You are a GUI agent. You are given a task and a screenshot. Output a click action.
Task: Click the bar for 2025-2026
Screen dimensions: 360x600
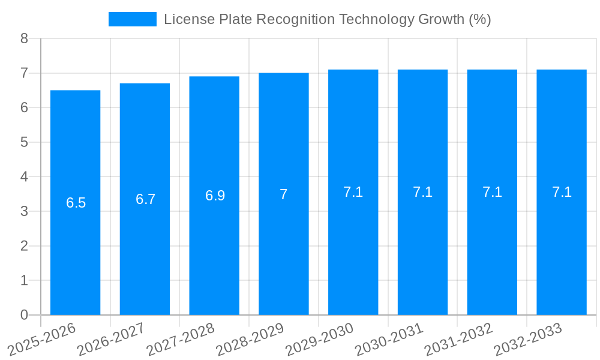[x=75, y=240]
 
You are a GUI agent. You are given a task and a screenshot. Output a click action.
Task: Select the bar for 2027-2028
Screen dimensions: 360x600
[x=214, y=240]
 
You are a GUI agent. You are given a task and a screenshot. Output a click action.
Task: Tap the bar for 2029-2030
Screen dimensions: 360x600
[x=353, y=240]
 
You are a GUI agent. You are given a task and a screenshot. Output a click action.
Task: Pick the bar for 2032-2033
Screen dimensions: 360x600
[x=562, y=240]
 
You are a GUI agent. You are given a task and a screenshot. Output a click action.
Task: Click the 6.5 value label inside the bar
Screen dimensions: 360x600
[x=76, y=203]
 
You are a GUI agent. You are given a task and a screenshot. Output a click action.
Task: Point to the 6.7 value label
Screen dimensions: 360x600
[x=145, y=199]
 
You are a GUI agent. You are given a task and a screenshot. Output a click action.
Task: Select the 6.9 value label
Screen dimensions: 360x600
[x=215, y=196]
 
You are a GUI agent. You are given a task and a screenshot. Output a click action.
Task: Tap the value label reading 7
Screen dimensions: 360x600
[x=284, y=194]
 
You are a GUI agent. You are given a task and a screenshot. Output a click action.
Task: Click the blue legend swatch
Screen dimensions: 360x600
[x=132, y=19]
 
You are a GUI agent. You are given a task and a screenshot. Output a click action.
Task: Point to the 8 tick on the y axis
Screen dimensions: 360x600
[x=24, y=38]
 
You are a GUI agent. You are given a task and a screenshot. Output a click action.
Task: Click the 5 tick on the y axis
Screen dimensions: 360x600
[x=24, y=142]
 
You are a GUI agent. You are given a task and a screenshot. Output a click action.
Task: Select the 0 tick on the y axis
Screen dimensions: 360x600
[x=24, y=315]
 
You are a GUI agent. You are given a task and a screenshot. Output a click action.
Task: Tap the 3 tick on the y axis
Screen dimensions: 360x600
[x=24, y=211]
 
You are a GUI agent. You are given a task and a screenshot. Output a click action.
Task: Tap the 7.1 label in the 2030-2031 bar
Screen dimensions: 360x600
[x=422, y=192]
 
